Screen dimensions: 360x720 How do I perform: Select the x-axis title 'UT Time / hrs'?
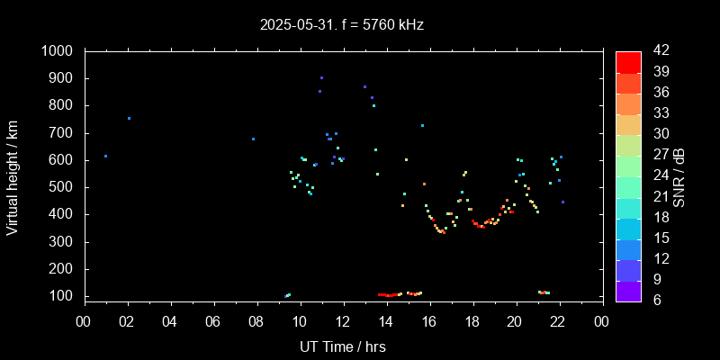click(343, 346)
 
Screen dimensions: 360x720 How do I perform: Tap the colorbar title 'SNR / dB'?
click(679, 176)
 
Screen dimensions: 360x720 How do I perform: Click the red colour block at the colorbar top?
click(628, 61)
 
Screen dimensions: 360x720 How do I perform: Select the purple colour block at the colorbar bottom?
click(628, 290)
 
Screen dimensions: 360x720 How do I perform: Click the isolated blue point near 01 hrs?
click(105, 157)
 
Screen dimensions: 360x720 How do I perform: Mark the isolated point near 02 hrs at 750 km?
click(129, 118)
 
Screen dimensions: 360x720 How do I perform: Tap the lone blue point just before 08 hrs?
click(253, 139)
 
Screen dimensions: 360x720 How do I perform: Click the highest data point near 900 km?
click(321, 78)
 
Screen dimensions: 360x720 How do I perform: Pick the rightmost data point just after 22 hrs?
click(562, 202)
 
